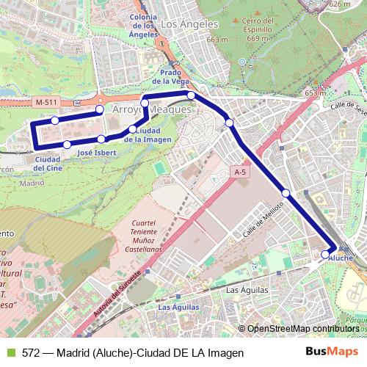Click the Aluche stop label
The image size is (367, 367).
coord(346,258)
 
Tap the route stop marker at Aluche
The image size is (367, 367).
coord(326,254)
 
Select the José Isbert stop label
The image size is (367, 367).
coord(96,153)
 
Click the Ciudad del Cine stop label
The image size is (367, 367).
coord(47,164)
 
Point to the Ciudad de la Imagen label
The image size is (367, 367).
coord(148,134)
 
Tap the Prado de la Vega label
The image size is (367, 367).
coord(170,77)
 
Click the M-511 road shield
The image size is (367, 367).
coord(45,102)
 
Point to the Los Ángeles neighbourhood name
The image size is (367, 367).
coord(180,23)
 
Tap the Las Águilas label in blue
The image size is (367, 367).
coord(178,307)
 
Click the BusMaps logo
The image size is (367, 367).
coord(332,352)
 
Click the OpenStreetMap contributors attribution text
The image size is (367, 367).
coord(302,329)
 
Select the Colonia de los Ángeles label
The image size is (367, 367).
coord(142,25)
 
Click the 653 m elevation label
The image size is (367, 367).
coord(315,93)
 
